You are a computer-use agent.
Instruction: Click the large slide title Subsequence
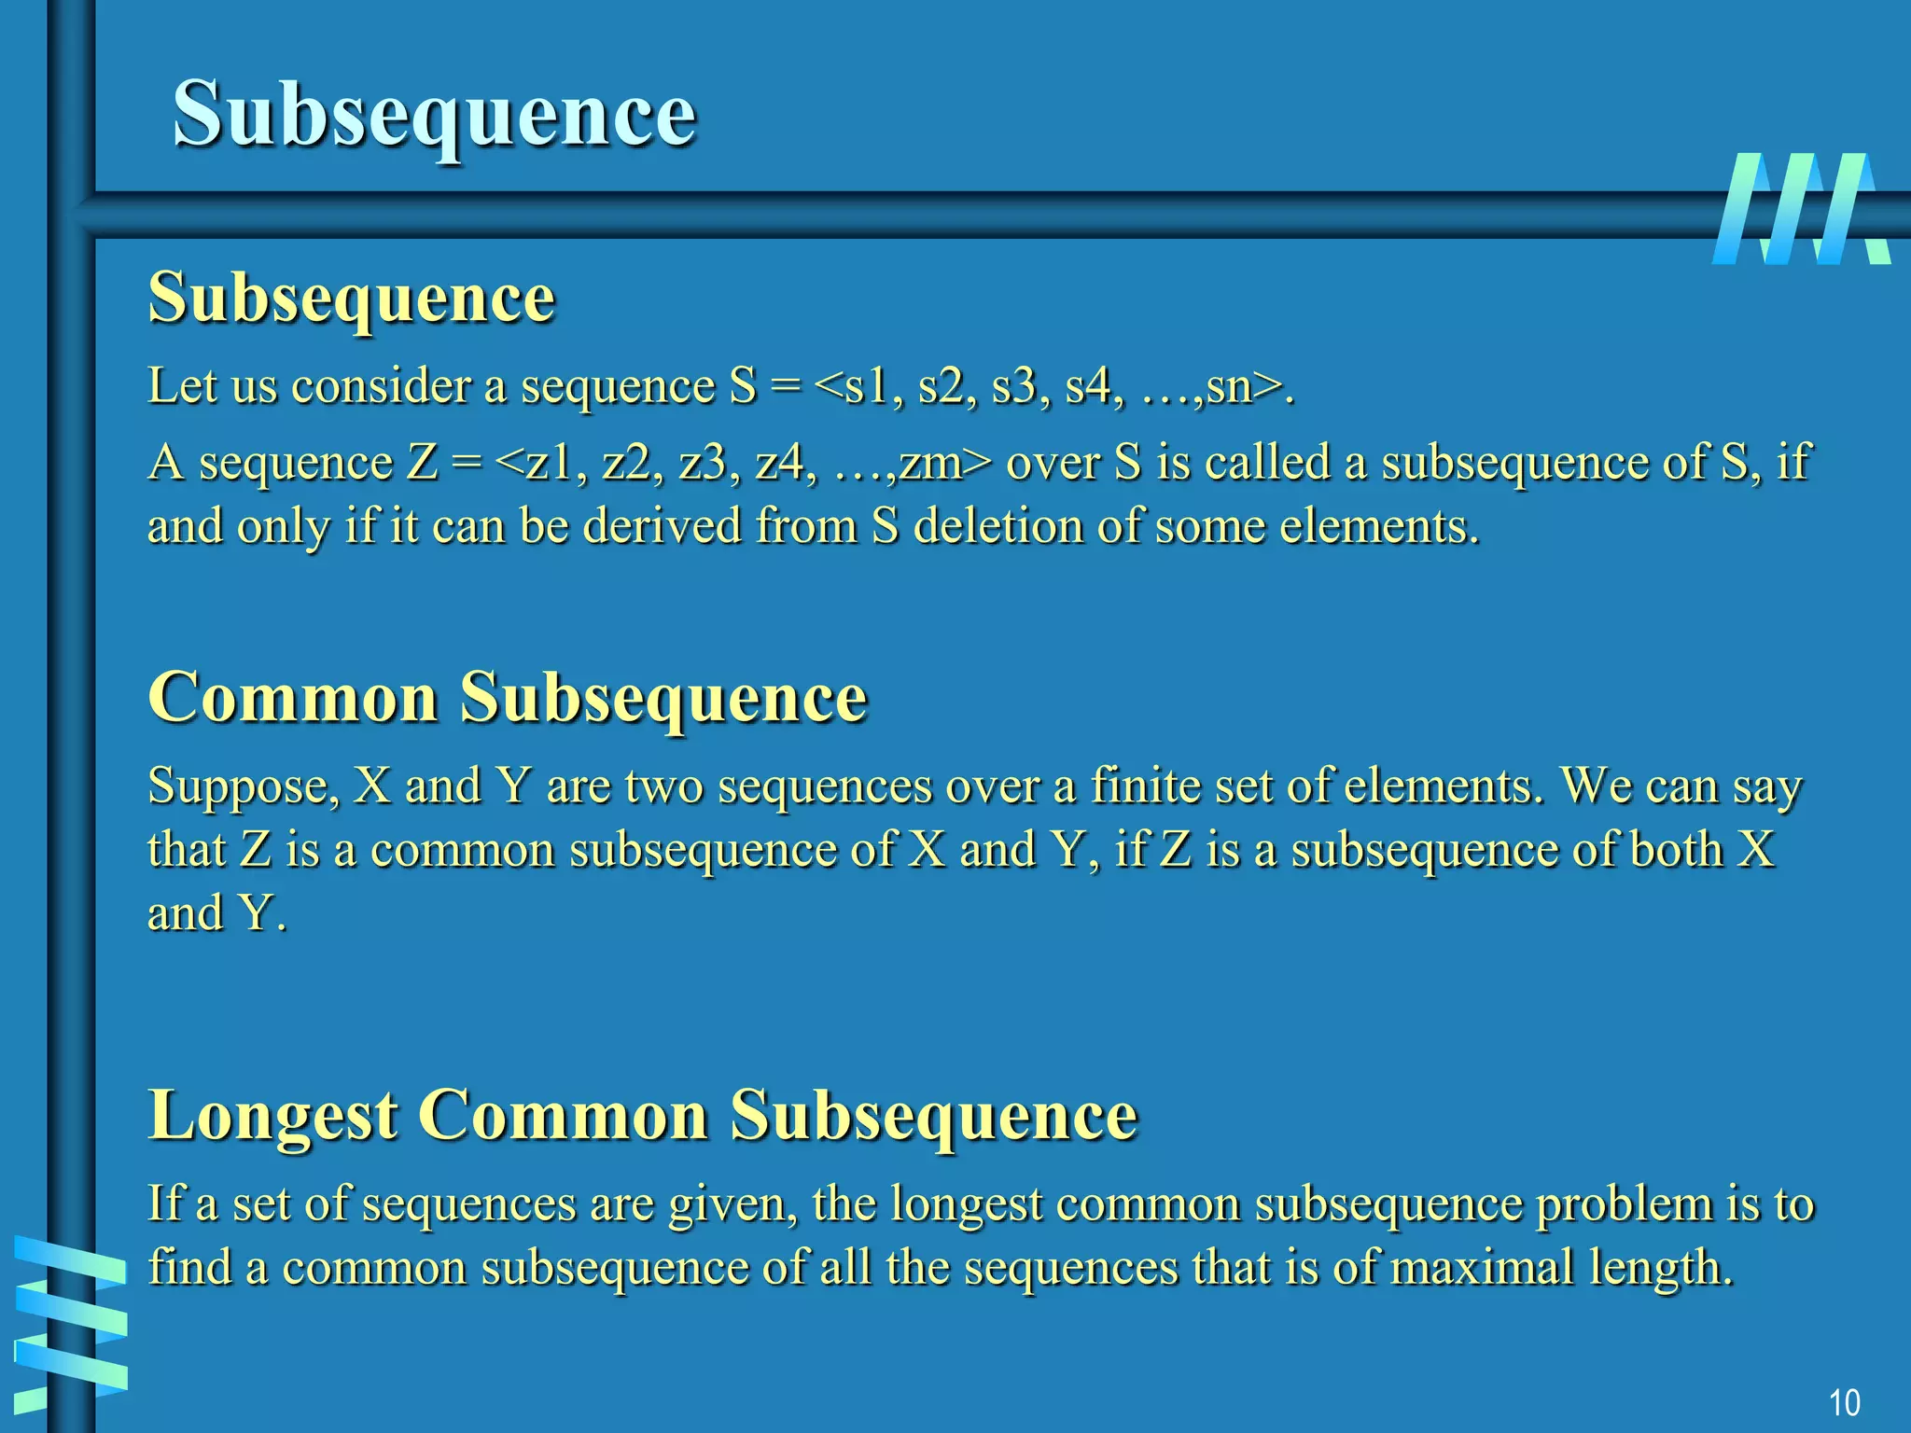(x=434, y=114)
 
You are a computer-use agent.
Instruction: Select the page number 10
(x=1844, y=1402)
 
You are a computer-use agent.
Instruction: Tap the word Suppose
(x=240, y=786)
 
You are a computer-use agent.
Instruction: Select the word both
(x=1676, y=849)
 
